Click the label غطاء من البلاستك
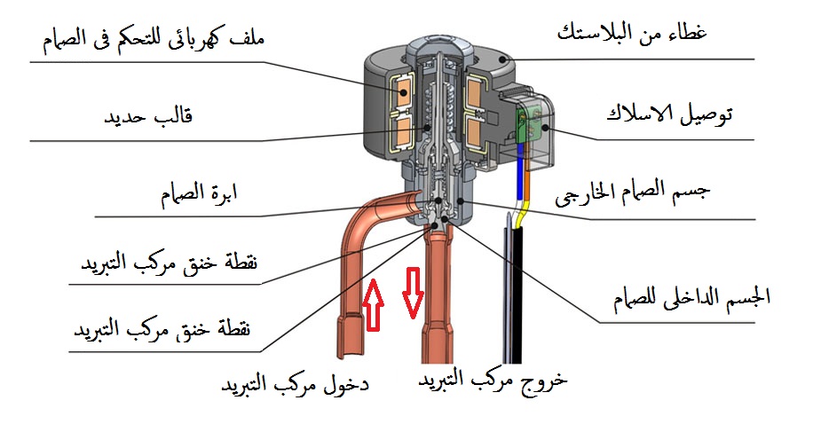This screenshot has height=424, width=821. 643,35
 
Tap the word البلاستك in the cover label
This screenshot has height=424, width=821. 604,35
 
